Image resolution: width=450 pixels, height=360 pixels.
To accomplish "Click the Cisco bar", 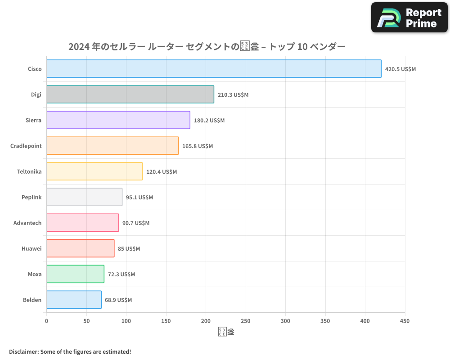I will click(x=214, y=69).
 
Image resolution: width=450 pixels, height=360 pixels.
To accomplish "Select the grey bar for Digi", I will click(x=130, y=94).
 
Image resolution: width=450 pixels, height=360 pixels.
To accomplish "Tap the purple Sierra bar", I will click(x=118, y=120).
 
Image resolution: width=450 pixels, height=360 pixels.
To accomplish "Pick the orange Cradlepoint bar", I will click(x=112, y=146).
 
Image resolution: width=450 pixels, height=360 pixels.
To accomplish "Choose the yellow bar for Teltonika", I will click(x=94, y=171).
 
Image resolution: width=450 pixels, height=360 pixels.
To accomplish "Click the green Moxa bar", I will click(x=75, y=274).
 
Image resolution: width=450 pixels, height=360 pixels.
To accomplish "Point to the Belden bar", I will click(x=74, y=300).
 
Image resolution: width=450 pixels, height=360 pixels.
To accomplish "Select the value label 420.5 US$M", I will click(x=400, y=69).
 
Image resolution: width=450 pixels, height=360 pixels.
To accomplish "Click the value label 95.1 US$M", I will click(x=139, y=198).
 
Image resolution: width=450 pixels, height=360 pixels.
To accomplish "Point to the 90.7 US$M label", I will click(x=136, y=223).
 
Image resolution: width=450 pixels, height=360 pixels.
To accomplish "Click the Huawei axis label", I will click(x=31, y=249).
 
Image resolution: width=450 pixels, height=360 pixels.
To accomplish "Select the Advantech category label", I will click(x=27, y=223).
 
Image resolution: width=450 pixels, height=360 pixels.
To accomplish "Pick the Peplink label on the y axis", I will click(x=31, y=198).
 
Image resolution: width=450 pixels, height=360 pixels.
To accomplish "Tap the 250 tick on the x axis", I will click(x=246, y=321).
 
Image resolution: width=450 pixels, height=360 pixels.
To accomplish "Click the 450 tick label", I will click(x=405, y=321).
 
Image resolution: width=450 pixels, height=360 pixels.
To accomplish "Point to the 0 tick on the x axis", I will click(x=46, y=321).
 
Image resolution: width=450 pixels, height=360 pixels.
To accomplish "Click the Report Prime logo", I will click(x=409, y=18).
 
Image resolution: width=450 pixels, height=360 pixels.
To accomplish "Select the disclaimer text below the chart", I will click(x=70, y=351).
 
